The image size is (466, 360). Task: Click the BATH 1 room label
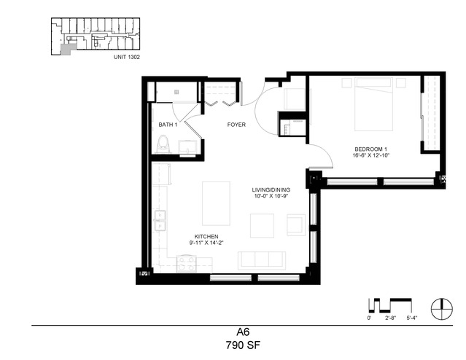[168, 125]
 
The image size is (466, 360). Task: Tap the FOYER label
[236, 125]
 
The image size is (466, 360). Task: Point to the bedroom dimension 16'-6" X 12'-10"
[371, 155]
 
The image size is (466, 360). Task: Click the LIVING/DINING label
[271, 189]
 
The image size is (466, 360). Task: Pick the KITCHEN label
[206, 236]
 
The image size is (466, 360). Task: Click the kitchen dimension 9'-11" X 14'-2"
[206, 243]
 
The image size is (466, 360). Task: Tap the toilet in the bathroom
[163, 144]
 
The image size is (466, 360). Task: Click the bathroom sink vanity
[187, 147]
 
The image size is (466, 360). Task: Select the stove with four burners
[187, 264]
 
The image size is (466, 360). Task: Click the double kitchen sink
[160, 220]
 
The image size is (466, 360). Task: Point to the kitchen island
[216, 203]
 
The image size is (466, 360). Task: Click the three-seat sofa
[262, 260]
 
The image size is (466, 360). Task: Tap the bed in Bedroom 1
[373, 104]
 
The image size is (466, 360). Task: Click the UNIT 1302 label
[127, 57]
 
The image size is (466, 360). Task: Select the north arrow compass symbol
[442, 308]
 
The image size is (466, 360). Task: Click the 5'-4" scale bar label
[412, 318]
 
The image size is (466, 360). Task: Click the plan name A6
[243, 332]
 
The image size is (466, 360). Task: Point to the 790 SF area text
[243, 345]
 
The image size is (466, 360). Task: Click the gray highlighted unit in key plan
[66, 50]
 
